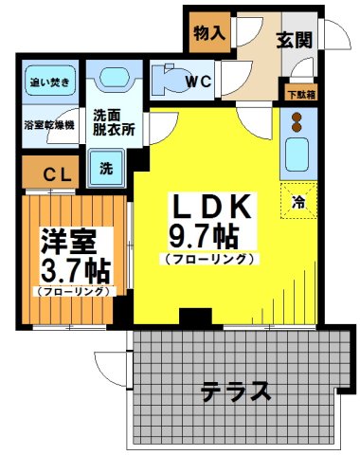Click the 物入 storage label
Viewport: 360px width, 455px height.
tap(209, 32)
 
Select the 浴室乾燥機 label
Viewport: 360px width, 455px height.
tap(49, 124)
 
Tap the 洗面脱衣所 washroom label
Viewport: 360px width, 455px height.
tap(114, 123)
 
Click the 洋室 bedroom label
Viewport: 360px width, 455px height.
tap(63, 240)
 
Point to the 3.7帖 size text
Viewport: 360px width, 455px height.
tap(71, 270)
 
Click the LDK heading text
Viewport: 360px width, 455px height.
tap(209, 206)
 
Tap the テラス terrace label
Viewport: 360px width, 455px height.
tap(236, 391)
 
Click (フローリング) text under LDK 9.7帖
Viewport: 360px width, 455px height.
tap(209, 258)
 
